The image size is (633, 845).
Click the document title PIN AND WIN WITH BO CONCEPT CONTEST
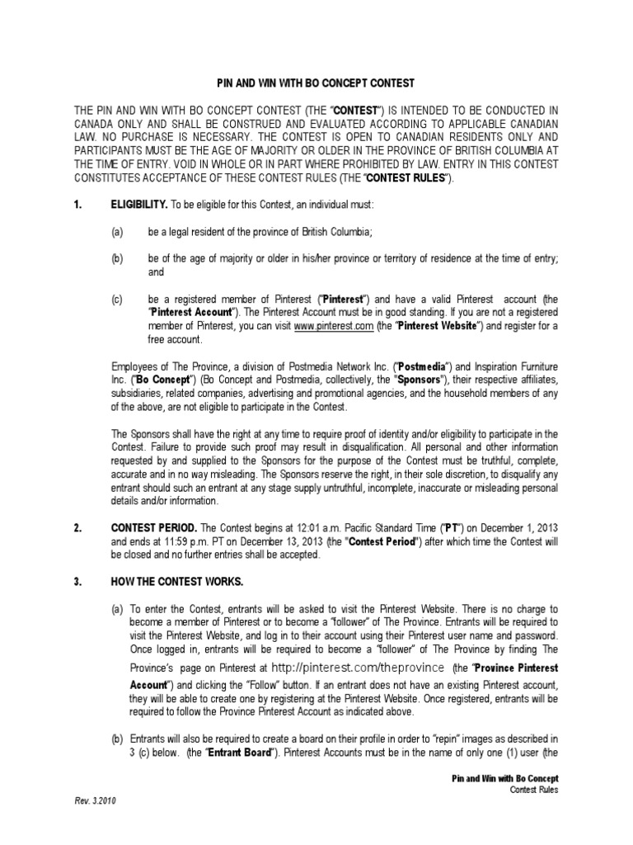(316, 84)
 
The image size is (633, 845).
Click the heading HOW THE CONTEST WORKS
(177, 582)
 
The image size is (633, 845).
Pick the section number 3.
(77, 582)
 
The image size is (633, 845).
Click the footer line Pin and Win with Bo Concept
(506, 778)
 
